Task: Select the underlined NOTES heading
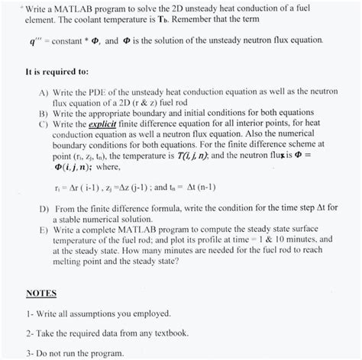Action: [x=40, y=293]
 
